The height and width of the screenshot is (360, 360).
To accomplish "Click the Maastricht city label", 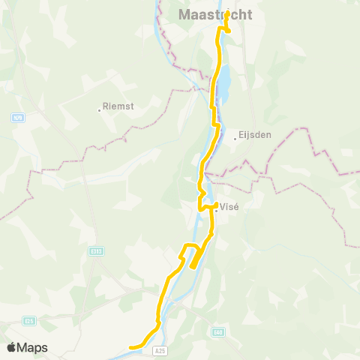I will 215,15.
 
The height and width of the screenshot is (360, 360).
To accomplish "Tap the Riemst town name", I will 118,107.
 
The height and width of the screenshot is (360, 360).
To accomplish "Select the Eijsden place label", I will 254,135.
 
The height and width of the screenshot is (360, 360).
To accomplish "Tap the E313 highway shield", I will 95,251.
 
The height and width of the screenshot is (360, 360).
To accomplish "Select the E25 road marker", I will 29,320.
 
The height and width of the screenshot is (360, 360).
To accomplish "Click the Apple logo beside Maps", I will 12,346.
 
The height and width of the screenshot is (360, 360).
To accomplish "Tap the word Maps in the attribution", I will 33,347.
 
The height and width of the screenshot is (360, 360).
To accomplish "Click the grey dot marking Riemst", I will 99,109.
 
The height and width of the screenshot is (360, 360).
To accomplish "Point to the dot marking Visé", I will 216,210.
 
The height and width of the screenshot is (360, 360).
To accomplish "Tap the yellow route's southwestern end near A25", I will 132,347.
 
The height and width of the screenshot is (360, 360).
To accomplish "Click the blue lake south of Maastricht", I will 223,82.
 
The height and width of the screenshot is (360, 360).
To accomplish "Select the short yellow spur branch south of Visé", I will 194,259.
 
